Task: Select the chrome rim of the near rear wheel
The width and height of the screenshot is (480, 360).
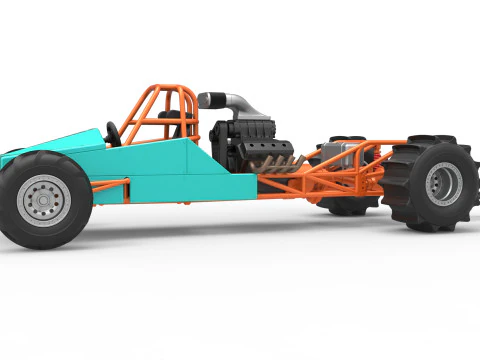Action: click(443, 183)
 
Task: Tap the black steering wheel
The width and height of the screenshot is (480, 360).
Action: click(113, 134)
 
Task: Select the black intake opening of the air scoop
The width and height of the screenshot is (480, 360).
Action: click(202, 100)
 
